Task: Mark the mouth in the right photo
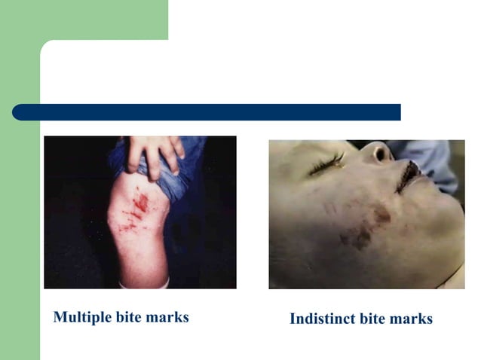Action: [x=408, y=178]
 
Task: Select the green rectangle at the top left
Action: [x=84, y=19]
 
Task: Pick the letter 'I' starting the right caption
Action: [x=293, y=319]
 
